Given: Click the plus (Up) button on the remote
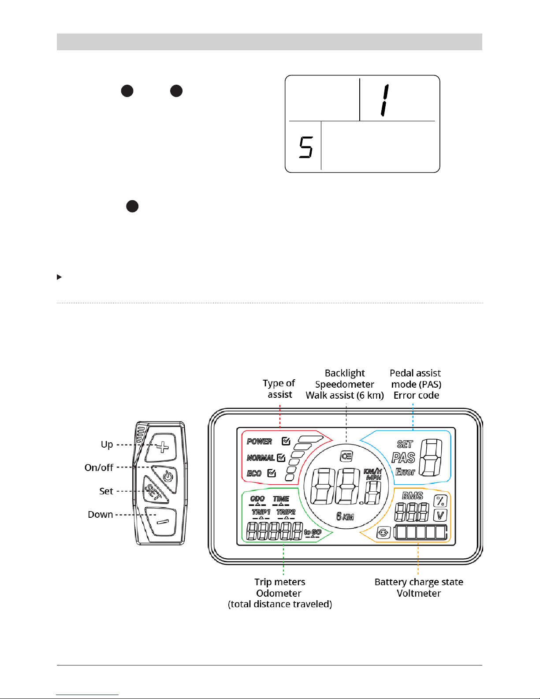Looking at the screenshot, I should tap(163, 447).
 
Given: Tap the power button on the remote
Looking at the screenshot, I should tap(167, 476).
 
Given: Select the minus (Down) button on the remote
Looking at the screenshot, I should tap(162, 522).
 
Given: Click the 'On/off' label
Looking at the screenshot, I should tap(99, 467).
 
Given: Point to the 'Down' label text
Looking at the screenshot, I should tap(101, 515).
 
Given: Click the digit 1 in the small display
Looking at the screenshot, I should tap(385, 101).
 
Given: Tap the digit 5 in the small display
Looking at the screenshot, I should tap(306, 147).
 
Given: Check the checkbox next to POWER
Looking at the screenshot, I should tap(286, 441).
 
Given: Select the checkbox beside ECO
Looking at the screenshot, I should tap(272, 473).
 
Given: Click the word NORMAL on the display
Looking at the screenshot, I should tap(261, 458).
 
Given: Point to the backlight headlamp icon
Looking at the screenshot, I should tap(346, 456).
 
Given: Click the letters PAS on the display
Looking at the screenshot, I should tap(403, 458).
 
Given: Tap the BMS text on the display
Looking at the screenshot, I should tap(413, 496).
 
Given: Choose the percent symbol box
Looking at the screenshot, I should tap(440, 501).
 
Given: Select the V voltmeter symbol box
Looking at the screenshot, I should tap(440, 515).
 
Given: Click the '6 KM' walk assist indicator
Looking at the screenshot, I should tap(345, 516).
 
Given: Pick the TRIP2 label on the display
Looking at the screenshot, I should tap(286, 512).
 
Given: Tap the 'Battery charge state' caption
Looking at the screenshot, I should tap(419, 582).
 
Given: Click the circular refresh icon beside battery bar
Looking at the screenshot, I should tap(383, 533).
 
